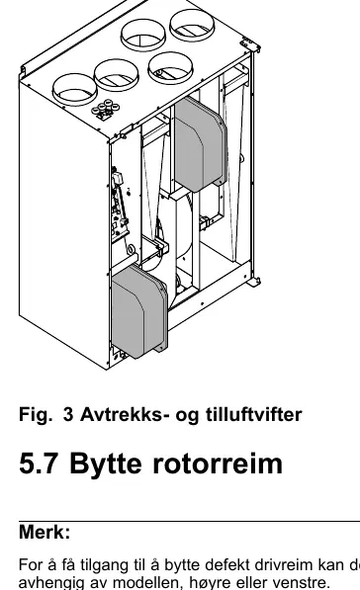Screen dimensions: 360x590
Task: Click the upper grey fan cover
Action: click(201, 143)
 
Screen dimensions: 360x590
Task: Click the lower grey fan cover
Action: click(139, 311)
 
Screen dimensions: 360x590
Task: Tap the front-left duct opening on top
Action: click(74, 90)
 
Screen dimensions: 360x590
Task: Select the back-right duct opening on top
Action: click(192, 25)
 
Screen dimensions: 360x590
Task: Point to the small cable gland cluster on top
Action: click(106, 109)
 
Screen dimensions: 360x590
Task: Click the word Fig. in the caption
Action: click(36, 415)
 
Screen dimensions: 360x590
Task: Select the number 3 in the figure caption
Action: click(68, 414)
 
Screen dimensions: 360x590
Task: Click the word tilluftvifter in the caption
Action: click(254, 414)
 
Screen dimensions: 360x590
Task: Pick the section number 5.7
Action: click(38, 464)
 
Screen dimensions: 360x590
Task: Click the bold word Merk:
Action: click(45, 532)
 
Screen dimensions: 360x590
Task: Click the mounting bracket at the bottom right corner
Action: click(254, 282)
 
